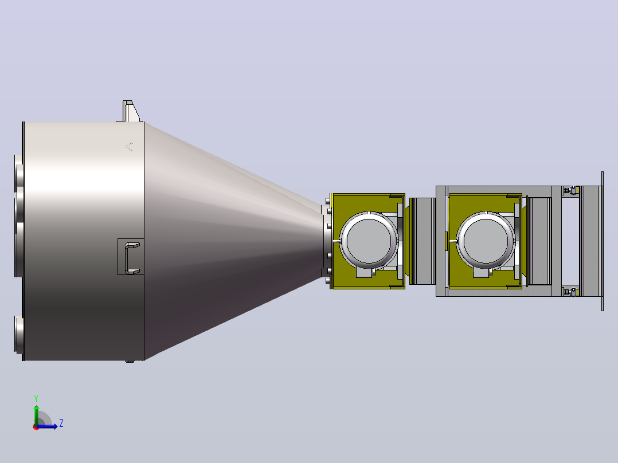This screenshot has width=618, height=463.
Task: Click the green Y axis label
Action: point(36,398)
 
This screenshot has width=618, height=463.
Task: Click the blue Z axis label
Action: point(61,423)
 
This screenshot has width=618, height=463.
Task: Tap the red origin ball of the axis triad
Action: point(36,427)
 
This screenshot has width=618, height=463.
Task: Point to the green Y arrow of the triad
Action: point(36,414)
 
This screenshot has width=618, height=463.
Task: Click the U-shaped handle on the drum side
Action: point(131,258)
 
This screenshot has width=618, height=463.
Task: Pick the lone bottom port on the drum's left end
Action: point(18,334)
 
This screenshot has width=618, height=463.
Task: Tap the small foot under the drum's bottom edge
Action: point(130,360)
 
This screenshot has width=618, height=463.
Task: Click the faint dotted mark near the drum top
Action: point(130,147)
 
